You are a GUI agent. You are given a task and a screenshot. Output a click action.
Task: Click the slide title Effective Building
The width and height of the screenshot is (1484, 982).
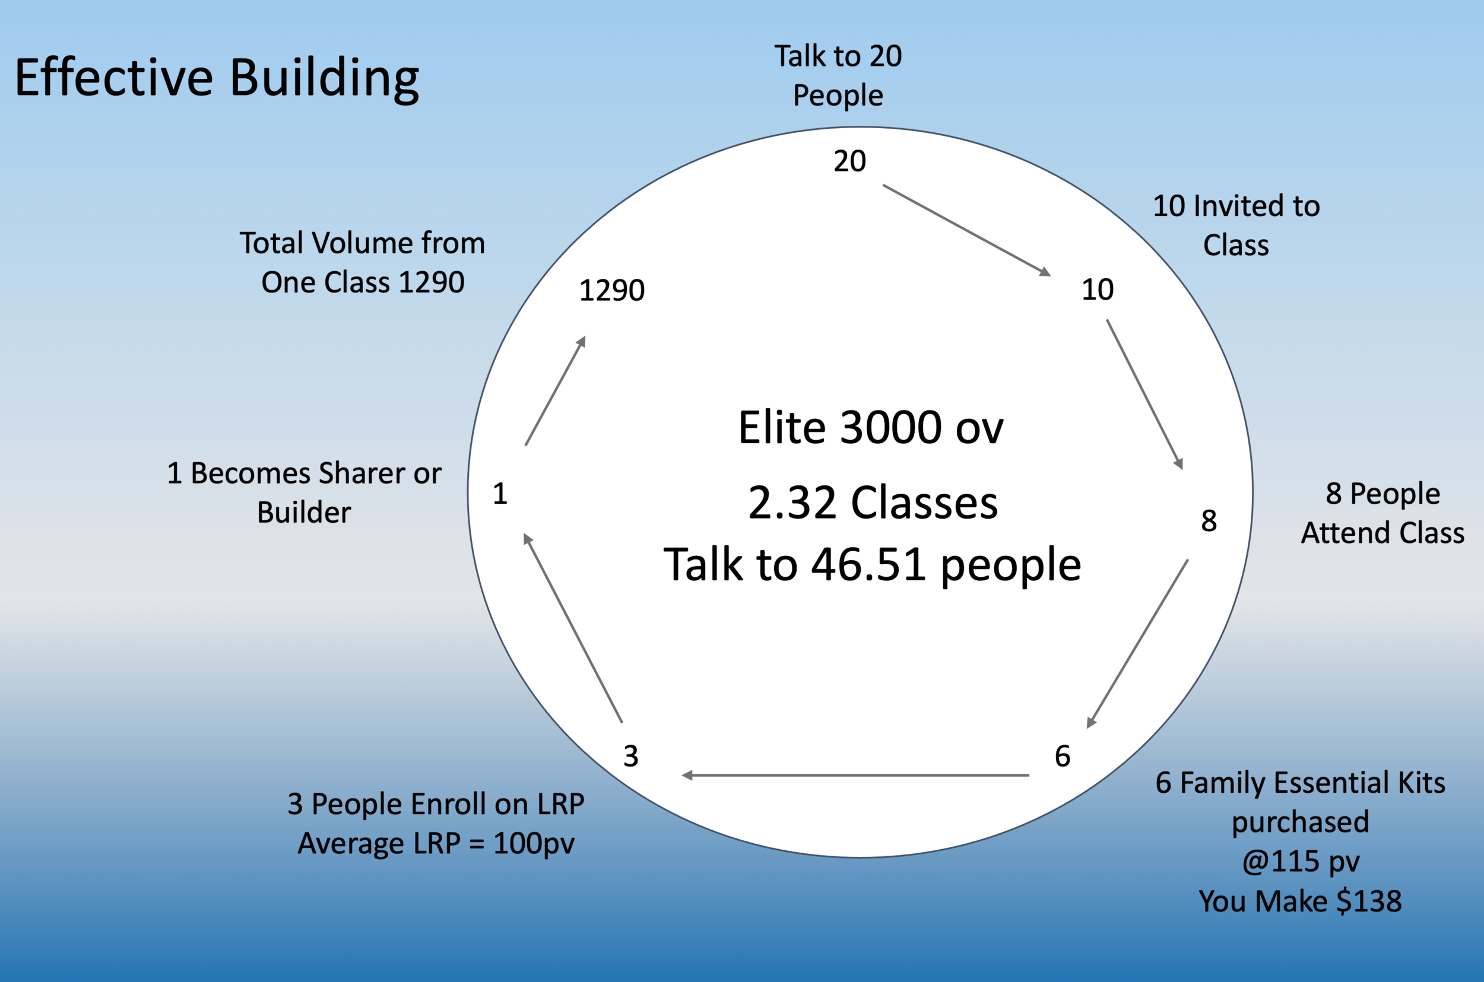(217, 78)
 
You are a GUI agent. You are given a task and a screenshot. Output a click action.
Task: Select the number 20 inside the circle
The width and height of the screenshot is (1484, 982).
(849, 161)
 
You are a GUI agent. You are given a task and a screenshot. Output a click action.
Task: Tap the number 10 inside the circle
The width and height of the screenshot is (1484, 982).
(1098, 290)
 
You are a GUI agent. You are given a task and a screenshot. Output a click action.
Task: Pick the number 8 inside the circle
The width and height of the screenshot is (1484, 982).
(1209, 520)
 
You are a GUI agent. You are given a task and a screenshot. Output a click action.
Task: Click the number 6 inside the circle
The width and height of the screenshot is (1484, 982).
(1063, 756)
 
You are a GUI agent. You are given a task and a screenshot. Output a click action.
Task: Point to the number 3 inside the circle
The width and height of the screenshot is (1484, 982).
(631, 756)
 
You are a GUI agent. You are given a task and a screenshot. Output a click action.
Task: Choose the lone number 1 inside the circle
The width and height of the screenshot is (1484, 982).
(499, 494)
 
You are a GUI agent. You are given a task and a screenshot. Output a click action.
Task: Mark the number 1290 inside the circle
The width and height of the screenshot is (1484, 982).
(611, 290)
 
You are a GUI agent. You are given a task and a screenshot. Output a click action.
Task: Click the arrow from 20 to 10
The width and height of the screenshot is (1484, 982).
(966, 230)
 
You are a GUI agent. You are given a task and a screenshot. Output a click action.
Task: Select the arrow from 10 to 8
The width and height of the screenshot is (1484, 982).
(1144, 394)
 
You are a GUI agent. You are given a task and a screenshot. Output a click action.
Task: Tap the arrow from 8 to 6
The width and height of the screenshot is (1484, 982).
(1137, 643)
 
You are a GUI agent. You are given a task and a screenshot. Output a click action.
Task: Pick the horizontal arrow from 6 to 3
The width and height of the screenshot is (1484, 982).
(855, 776)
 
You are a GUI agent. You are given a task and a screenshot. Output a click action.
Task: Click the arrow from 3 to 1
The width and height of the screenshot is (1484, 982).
(573, 628)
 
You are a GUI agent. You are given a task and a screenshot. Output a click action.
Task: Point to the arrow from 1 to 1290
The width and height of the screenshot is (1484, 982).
(555, 391)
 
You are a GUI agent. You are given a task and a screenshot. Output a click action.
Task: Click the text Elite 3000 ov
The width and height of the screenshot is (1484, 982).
(871, 428)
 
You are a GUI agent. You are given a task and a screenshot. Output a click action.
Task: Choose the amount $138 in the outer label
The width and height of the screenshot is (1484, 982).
(1369, 901)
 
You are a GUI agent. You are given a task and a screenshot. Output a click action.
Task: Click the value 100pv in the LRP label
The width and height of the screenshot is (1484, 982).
(534, 843)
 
